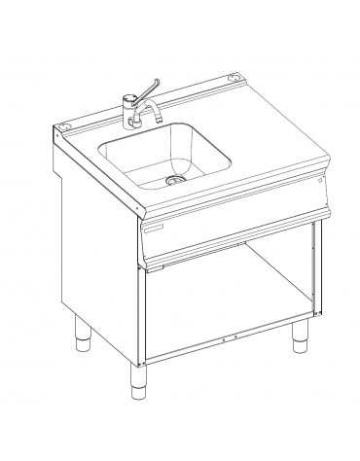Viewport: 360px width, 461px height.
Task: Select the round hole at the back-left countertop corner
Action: [x=66, y=125]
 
